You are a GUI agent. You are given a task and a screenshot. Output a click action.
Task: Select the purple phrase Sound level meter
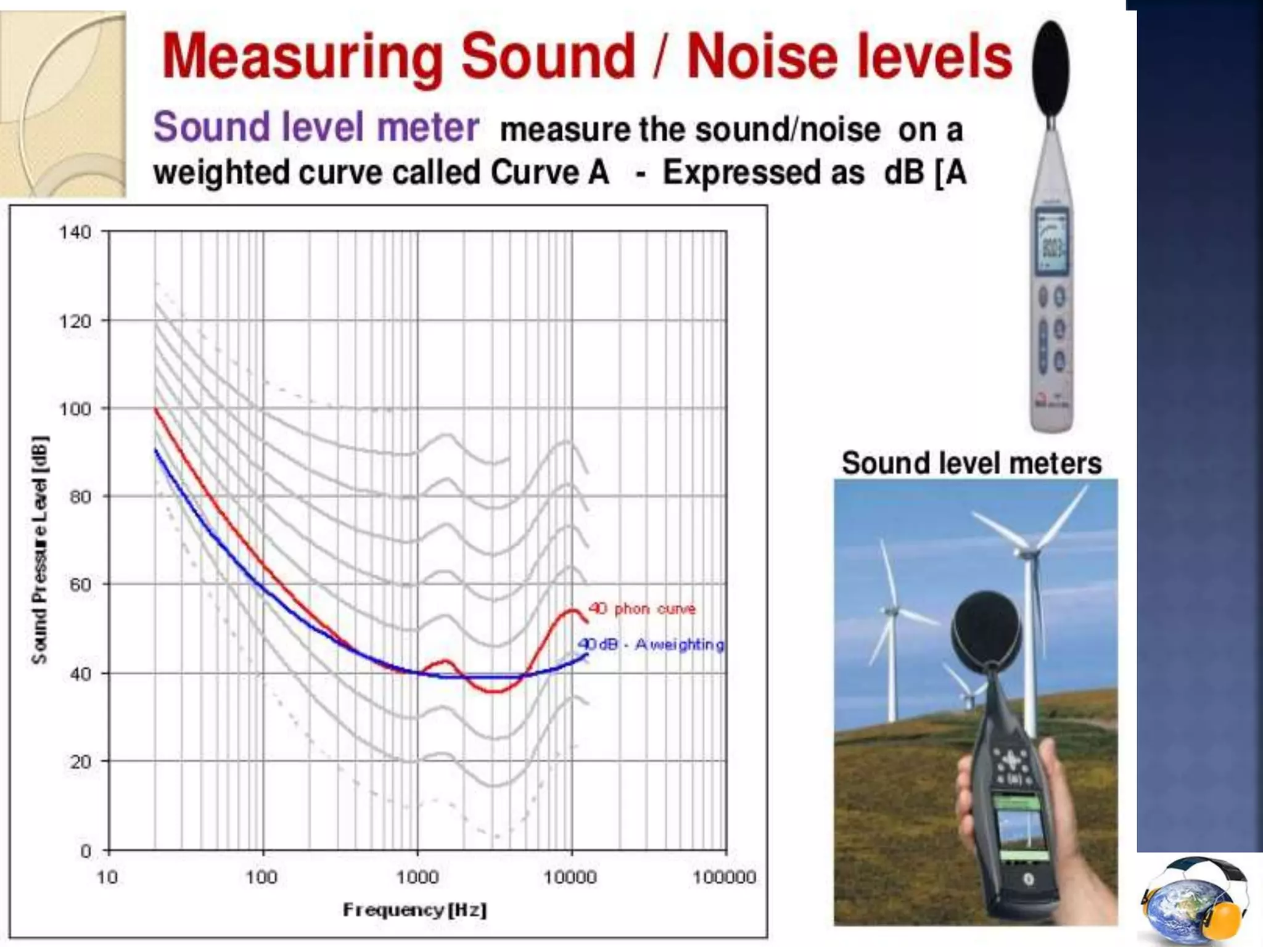pyautogui.click(x=316, y=127)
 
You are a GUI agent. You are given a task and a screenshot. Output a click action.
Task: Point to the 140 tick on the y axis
pyautogui.click(x=75, y=232)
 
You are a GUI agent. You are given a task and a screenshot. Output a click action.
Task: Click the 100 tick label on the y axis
pyautogui.click(x=75, y=409)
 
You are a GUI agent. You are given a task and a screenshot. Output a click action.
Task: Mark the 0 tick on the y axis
pyautogui.click(x=86, y=851)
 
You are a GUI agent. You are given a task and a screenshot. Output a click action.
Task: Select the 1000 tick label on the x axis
pyautogui.click(x=417, y=877)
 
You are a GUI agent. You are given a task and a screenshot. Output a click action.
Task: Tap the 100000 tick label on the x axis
pyautogui.click(x=724, y=877)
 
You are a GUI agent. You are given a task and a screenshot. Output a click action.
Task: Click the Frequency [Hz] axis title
pyautogui.click(x=414, y=909)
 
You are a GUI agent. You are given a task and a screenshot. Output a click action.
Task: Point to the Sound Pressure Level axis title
pyautogui.click(x=39, y=549)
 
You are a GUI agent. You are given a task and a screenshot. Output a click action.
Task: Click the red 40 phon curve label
pyautogui.click(x=641, y=609)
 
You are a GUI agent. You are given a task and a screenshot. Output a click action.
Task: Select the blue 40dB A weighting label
pyautogui.click(x=651, y=644)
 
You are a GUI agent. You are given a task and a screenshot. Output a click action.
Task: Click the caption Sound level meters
pyautogui.click(x=971, y=464)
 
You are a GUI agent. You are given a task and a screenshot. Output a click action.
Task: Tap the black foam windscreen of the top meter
pyautogui.click(x=1051, y=68)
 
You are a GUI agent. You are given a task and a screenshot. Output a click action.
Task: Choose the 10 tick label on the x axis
pyautogui.click(x=107, y=877)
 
